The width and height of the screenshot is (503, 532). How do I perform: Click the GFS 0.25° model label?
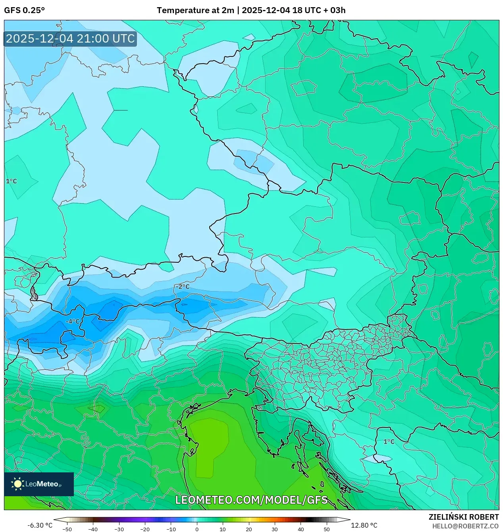(x=24, y=10)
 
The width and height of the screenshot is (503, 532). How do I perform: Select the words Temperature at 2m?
(x=195, y=10)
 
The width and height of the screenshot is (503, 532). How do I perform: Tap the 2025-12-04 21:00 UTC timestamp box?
(x=70, y=39)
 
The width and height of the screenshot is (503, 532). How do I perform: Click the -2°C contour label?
(x=183, y=287)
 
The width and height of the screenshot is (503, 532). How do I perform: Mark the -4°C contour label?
(x=73, y=322)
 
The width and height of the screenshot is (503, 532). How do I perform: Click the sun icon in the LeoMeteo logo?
(x=17, y=484)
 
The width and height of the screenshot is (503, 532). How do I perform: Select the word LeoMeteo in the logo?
(x=42, y=484)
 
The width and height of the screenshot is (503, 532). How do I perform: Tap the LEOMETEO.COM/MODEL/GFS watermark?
(x=251, y=500)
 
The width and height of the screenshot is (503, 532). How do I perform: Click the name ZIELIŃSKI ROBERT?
(x=463, y=517)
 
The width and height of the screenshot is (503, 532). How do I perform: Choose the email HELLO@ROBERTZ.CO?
(x=465, y=526)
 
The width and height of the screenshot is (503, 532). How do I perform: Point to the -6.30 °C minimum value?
(x=40, y=525)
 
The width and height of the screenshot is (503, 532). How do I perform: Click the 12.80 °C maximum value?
(x=364, y=525)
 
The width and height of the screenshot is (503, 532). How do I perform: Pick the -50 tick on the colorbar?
(x=67, y=529)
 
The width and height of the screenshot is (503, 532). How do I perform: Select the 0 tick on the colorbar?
(x=197, y=529)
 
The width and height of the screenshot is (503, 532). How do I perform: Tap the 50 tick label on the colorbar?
(x=326, y=529)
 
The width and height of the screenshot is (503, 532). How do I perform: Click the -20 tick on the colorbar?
(x=145, y=529)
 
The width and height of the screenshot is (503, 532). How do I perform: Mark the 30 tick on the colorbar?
(x=275, y=529)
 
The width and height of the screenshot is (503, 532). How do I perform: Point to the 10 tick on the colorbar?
(x=223, y=529)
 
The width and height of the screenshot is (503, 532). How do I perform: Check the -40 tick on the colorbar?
(x=93, y=529)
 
